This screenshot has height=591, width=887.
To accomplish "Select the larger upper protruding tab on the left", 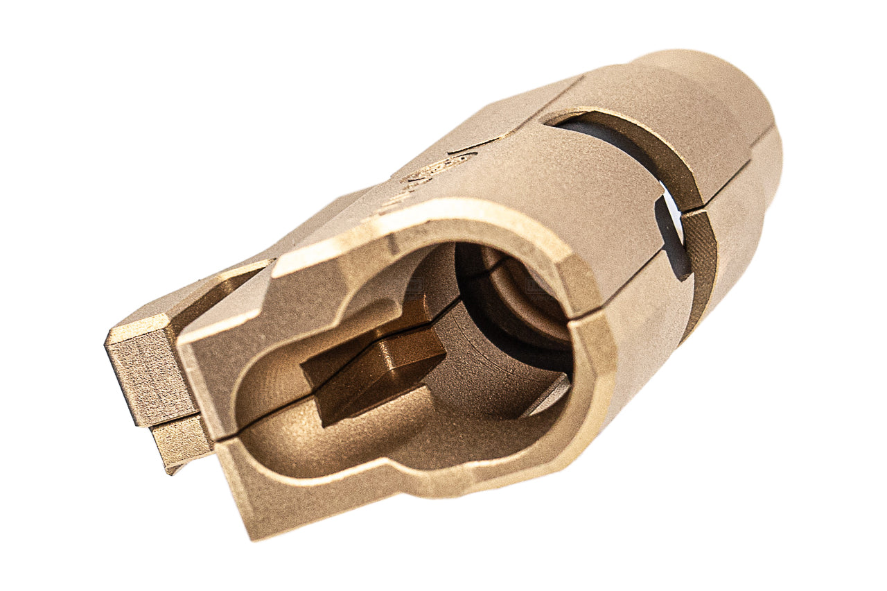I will [149, 368].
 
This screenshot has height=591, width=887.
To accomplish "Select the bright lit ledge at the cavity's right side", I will [547, 395].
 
